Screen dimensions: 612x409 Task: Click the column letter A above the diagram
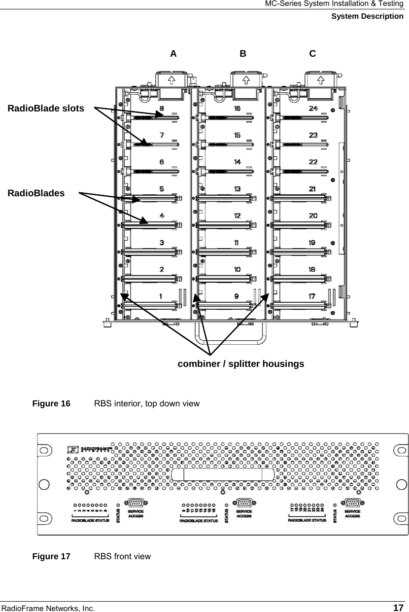173,54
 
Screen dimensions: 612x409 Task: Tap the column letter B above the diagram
243,54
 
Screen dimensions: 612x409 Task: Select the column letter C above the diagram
313,54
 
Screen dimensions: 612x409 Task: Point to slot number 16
237,108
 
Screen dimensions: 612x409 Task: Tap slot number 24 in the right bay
313,108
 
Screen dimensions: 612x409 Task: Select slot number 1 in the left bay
161,296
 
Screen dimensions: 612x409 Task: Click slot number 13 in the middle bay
237,189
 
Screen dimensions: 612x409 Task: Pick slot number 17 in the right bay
312,296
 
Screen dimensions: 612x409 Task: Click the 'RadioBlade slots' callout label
46,108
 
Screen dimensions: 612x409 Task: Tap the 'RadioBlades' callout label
36,193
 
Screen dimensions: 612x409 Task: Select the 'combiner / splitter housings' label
240,364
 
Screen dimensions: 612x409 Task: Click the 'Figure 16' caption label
51,403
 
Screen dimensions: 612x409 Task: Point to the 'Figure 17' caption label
51,557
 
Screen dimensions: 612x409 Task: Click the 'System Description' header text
367,16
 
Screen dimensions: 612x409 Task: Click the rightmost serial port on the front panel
352,503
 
